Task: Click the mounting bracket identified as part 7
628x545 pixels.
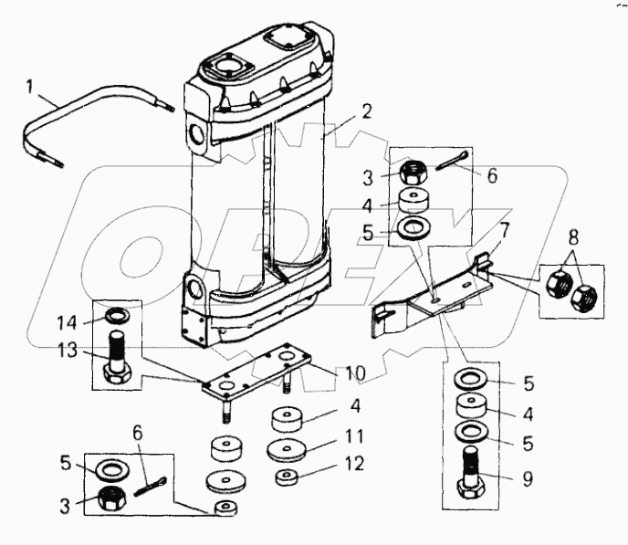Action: (x=429, y=292)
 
